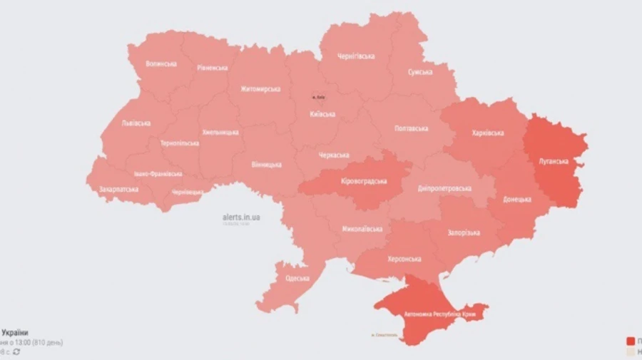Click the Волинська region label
tap(160, 63)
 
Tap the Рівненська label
tap(212, 68)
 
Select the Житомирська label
tap(260, 89)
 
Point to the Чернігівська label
tap(357, 56)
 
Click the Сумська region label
tap(419, 72)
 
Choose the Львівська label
tap(136, 123)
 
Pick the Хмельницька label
tap(220, 132)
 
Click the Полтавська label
tap(411, 128)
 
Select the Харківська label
tap(488, 133)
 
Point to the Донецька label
tap(516, 199)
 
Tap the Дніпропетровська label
tap(445, 188)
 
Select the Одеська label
tap(297, 278)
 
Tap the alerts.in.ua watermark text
tap(240, 217)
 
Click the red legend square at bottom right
tap(631, 341)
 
